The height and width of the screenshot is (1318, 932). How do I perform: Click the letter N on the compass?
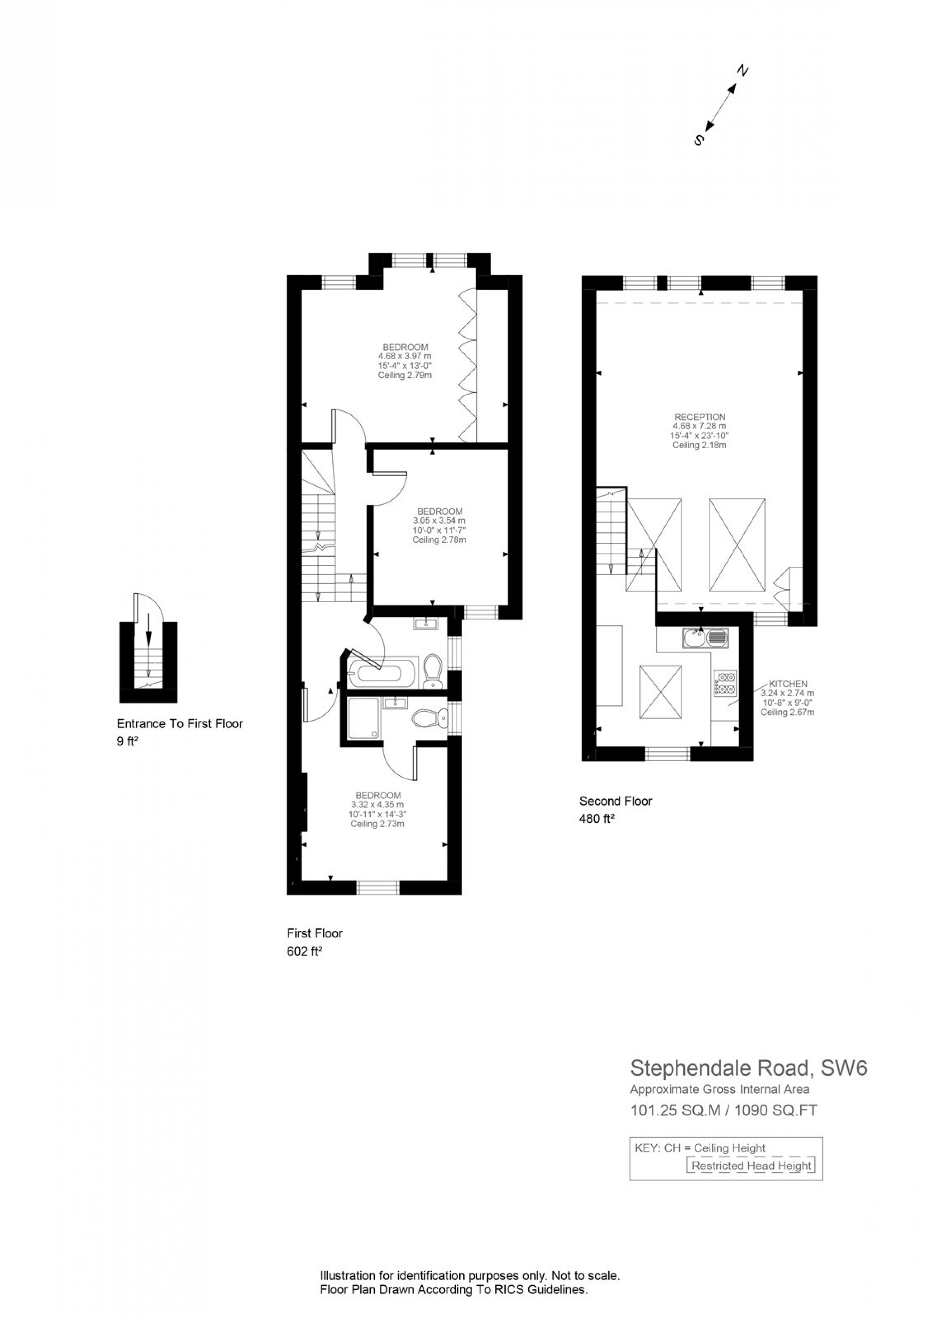click(x=743, y=71)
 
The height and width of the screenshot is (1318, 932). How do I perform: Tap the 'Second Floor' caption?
click(x=615, y=801)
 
